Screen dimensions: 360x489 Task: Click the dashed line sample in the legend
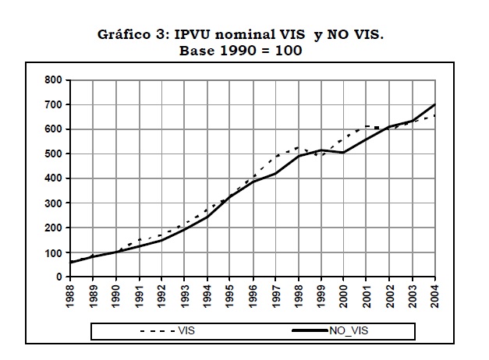[156, 331]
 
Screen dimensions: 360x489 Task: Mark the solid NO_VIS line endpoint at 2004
[435, 104]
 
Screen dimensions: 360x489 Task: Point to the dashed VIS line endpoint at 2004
[435, 115]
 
